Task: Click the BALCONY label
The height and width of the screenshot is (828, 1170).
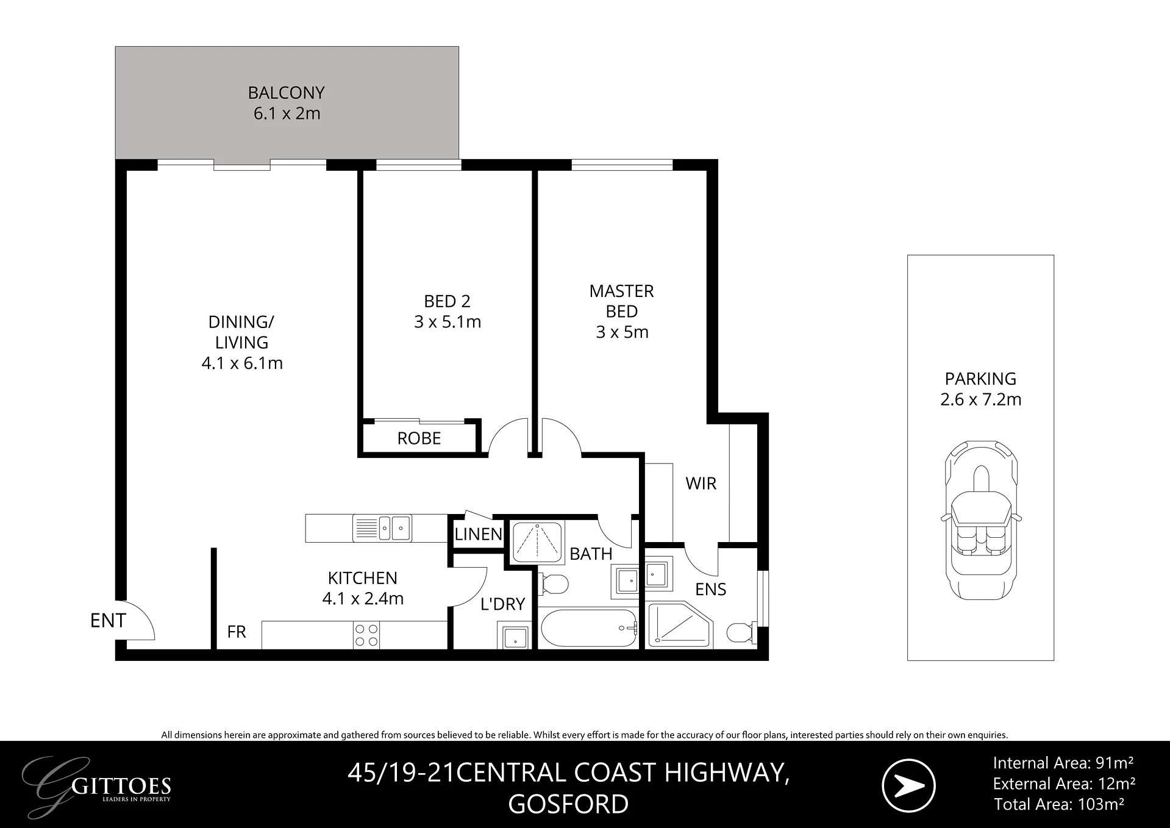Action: click(286, 93)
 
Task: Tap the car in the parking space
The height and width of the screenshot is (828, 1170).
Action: click(981, 520)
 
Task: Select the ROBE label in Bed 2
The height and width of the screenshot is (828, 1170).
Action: click(419, 438)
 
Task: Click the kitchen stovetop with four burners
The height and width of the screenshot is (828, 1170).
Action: click(366, 635)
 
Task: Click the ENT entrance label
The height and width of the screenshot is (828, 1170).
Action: click(108, 621)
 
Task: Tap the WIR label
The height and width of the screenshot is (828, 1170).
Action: click(701, 484)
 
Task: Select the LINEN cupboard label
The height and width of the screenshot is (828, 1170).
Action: click(479, 534)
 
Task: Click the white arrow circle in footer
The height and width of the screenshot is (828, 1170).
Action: click(908, 786)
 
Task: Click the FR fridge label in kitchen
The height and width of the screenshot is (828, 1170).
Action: click(237, 632)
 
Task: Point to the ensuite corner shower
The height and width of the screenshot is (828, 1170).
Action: click(680, 624)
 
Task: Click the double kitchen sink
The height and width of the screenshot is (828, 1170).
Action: click(382, 528)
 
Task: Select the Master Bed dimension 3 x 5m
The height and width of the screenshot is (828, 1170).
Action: click(622, 332)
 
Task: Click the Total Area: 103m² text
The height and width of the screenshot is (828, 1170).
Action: click(1059, 804)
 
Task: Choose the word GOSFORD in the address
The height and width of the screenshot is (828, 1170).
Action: click(568, 804)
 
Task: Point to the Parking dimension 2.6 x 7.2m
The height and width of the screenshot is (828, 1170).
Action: click(981, 399)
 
